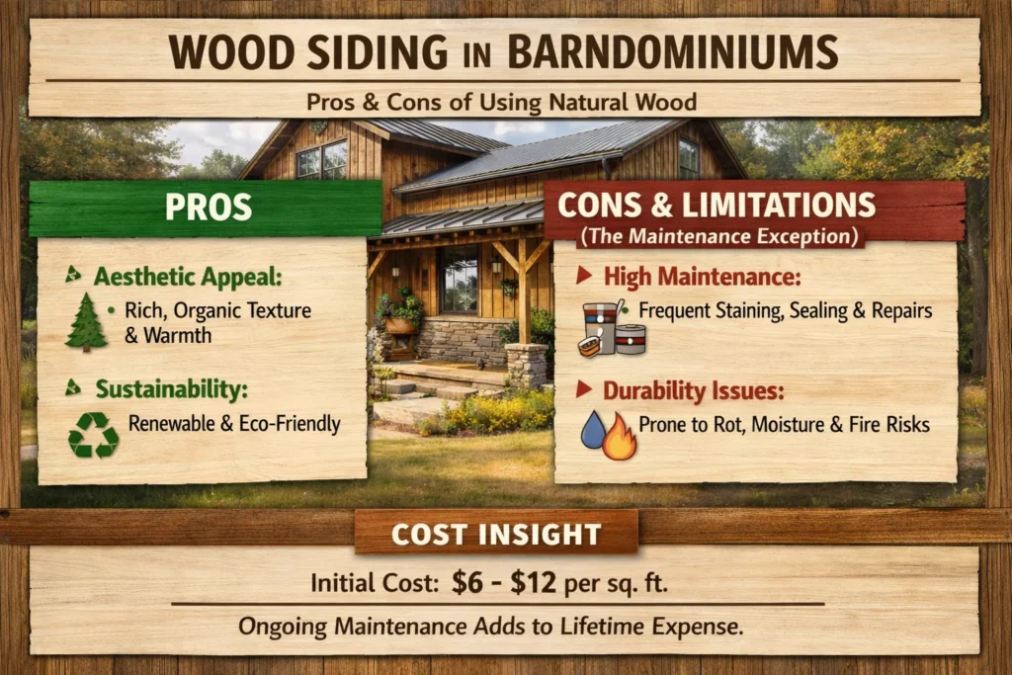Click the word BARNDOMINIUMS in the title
point(672,51)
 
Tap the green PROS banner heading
point(208,208)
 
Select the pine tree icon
point(86,322)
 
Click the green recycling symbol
point(93,435)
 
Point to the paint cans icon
point(611,328)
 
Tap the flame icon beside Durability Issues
point(621,436)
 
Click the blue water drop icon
point(593,431)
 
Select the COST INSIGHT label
point(496,535)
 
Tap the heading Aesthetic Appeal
point(188,277)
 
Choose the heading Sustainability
point(172,389)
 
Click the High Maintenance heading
point(703,277)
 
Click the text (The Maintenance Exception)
point(719,236)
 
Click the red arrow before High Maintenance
point(584,276)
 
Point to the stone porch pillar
point(527,364)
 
